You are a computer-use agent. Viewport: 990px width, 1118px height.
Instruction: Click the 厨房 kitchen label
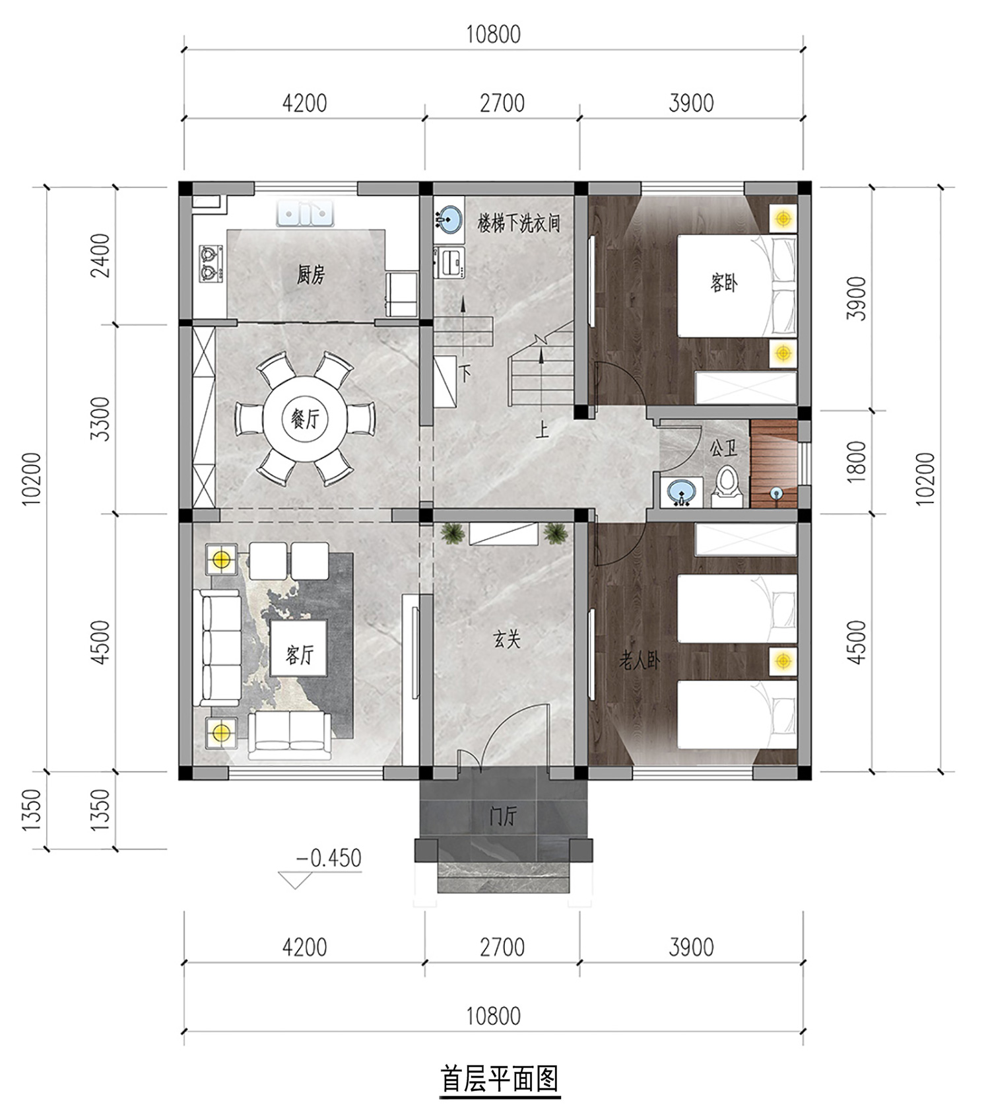(310, 275)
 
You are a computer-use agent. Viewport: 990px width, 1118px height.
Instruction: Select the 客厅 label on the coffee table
(300, 655)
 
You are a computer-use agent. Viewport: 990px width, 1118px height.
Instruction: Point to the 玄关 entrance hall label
(507, 639)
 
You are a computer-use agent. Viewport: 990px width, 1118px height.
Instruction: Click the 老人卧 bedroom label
(639, 660)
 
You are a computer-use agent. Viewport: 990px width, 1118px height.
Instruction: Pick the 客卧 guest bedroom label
(723, 283)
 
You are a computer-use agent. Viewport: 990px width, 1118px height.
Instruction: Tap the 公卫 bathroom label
(723, 448)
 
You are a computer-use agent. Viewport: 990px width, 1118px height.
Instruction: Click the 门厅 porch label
(503, 817)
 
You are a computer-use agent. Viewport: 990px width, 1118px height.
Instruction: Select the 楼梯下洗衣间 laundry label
(519, 223)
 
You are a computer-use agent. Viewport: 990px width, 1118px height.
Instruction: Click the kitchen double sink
(305, 214)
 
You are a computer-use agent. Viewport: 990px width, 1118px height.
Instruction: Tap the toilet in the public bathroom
(727, 486)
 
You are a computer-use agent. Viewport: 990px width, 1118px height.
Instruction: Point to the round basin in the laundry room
(449, 218)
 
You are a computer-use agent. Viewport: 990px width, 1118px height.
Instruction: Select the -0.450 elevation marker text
(329, 858)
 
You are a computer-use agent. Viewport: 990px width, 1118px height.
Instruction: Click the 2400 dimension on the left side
(101, 256)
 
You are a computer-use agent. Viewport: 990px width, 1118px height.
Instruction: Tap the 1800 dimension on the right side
(856, 461)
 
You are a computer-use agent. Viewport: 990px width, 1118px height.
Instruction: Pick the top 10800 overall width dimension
(493, 34)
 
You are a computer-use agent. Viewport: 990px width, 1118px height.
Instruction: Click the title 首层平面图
(500, 1079)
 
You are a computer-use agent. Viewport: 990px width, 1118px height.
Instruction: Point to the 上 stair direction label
(542, 431)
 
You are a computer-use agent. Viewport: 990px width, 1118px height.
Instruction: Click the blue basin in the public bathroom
(681, 492)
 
